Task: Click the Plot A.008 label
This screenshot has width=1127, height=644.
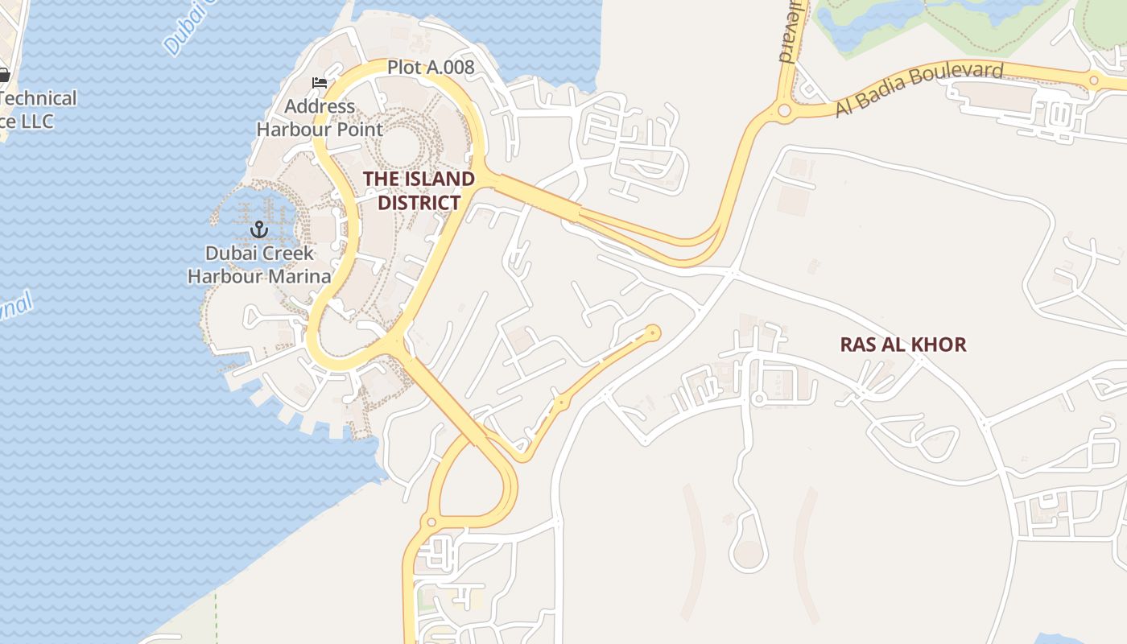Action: (431, 68)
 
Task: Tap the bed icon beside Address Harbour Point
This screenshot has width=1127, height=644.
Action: (320, 83)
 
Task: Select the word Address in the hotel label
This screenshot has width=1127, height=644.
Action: (320, 106)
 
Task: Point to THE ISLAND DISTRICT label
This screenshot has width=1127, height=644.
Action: (419, 191)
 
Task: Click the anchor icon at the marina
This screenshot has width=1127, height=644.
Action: (259, 229)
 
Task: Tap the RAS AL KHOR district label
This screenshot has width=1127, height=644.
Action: (903, 345)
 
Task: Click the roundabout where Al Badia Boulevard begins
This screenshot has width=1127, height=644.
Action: (784, 110)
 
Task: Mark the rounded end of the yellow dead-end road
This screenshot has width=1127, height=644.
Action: (653, 332)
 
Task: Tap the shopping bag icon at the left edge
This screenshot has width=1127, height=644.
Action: (3, 75)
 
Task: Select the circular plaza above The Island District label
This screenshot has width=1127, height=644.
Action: (400, 147)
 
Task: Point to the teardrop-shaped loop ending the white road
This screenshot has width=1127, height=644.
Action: (749, 554)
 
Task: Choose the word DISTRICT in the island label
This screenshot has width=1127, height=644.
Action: (419, 203)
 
